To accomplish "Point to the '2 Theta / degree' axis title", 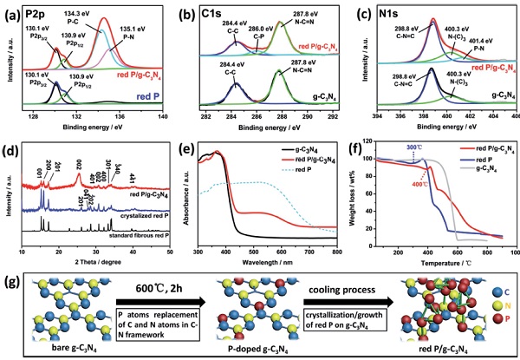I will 94,259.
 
